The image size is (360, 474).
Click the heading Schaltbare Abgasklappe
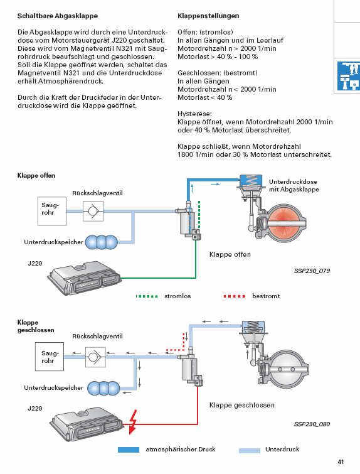pyautogui.click(x=57, y=16)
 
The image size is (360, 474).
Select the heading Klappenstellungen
pyautogui.click(x=208, y=16)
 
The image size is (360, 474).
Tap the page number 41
pyautogui.click(x=341, y=461)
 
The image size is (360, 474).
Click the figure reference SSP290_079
pyautogui.click(x=312, y=271)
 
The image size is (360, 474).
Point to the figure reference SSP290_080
pyautogui.click(x=312, y=424)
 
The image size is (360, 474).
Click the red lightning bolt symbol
pyautogui.click(x=132, y=422)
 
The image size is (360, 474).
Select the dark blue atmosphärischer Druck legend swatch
pyautogui.click(x=129, y=450)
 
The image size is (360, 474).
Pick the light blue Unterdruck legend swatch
pyautogui.click(x=250, y=450)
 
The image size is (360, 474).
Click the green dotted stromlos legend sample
pyautogui.click(x=147, y=296)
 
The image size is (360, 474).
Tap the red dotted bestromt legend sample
pyautogui.click(x=235, y=296)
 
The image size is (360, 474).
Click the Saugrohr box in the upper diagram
pyautogui.click(x=51, y=211)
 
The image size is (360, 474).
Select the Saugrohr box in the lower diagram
pyautogui.click(x=50, y=357)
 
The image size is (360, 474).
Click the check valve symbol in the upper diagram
pyautogui.click(x=93, y=211)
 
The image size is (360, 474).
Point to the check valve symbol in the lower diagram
pyautogui.click(x=95, y=357)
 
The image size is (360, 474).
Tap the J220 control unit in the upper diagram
pyautogui.click(x=85, y=278)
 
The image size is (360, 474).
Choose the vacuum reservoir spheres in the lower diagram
pyautogui.click(x=103, y=388)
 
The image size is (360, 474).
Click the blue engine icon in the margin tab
pyautogui.click(x=348, y=75)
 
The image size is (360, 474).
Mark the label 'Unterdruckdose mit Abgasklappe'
pyautogui.click(x=294, y=186)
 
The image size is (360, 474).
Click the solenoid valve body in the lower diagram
pyautogui.click(x=190, y=368)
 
